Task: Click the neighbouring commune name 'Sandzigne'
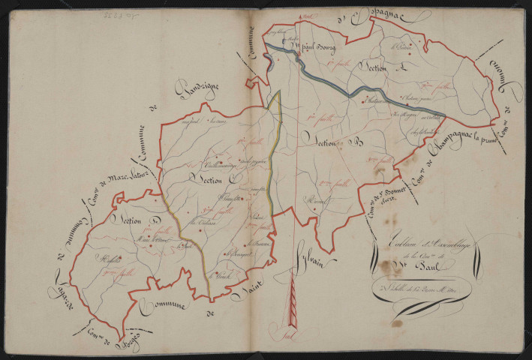[196, 97]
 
